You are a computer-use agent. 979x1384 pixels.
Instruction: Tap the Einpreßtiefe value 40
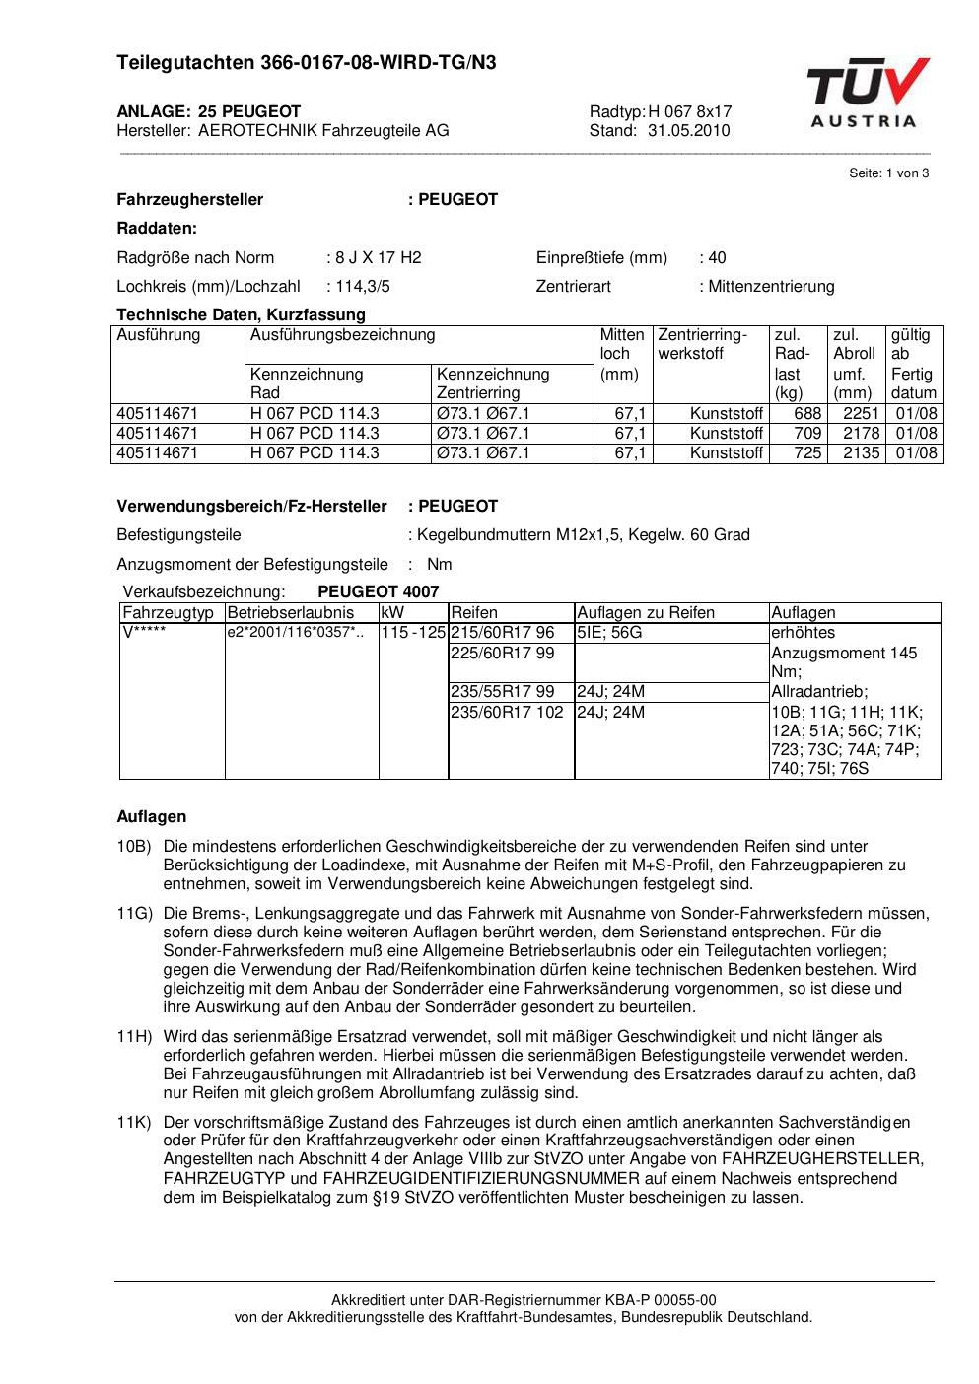point(717,258)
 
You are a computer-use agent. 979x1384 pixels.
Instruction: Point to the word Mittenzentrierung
point(771,287)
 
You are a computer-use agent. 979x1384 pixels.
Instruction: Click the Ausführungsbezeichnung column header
point(342,335)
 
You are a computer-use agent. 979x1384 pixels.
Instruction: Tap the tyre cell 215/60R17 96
point(502,633)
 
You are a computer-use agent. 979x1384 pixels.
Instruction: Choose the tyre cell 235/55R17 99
point(502,692)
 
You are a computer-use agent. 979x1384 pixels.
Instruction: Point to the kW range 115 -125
point(413,633)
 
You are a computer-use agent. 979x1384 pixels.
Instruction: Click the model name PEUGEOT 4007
point(379,592)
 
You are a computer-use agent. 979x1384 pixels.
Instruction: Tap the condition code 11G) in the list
point(134,914)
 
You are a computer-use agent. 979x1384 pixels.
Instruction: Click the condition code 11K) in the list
point(134,1123)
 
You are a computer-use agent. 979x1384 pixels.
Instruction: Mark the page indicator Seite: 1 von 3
point(888,173)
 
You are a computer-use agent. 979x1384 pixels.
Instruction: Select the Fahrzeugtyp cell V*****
point(143,633)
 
